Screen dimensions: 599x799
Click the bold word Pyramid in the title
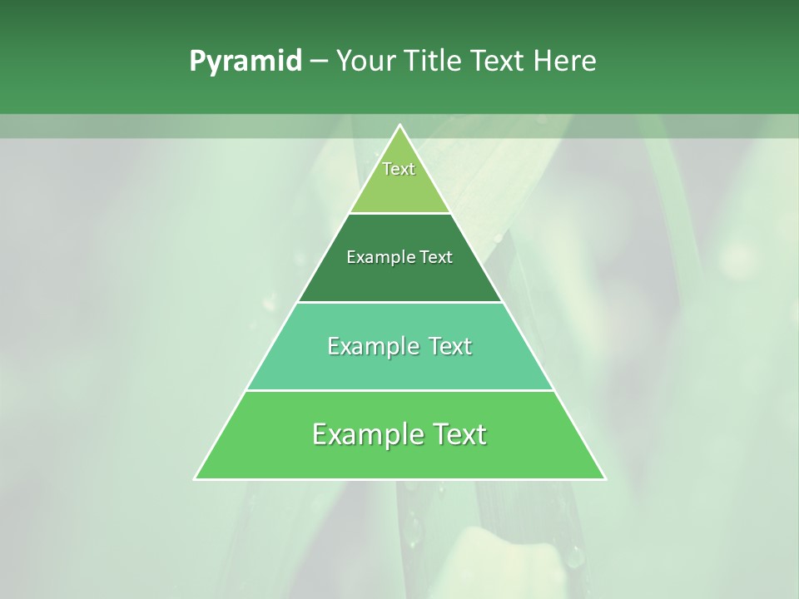pos(246,62)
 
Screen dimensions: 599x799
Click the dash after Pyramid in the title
pos(318,62)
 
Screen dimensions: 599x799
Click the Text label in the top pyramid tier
pos(399,169)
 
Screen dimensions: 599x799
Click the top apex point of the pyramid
pos(400,126)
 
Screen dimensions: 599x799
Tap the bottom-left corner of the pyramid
pos(196,478)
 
